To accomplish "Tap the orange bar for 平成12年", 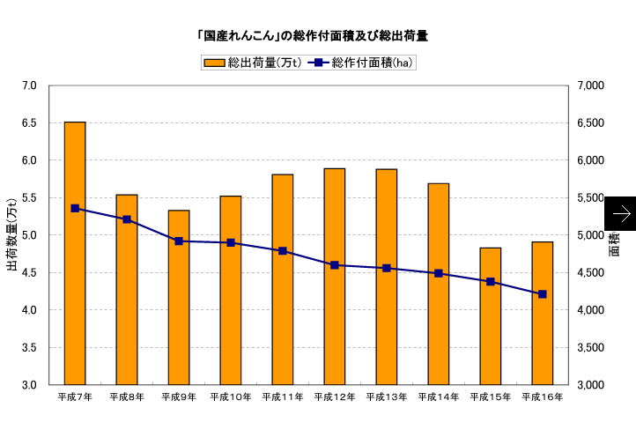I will click(335, 277).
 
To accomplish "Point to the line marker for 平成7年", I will click(75, 209).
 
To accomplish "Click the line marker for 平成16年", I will click(543, 294).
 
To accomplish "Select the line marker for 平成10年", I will click(231, 242).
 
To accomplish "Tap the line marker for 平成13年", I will click(387, 268).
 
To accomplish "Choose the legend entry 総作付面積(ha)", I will click(361, 63).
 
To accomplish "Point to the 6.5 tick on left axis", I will click(29, 123).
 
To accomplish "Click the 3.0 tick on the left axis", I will click(29, 385).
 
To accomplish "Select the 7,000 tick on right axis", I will click(590, 85).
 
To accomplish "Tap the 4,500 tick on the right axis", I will click(590, 273).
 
